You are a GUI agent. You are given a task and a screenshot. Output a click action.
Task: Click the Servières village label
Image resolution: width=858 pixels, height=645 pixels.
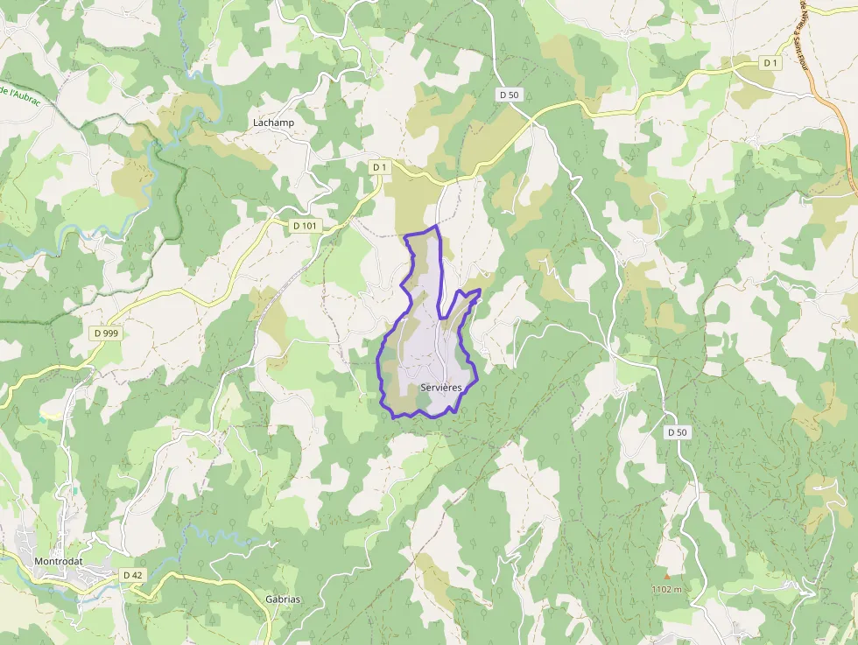[441, 387]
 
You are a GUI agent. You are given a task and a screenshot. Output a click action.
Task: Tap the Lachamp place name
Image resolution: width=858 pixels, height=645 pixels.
[273, 123]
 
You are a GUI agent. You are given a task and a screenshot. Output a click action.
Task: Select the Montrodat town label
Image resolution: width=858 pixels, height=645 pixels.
[57, 561]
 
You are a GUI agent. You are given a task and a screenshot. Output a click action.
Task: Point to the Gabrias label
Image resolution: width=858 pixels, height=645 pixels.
[282, 599]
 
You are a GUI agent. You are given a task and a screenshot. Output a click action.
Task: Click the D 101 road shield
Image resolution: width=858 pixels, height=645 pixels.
[305, 226]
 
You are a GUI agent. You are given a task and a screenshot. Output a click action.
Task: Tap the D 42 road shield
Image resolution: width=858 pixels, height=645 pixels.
[132, 574]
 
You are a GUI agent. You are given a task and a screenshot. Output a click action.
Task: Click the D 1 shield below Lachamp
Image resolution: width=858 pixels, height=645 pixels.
[378, 166]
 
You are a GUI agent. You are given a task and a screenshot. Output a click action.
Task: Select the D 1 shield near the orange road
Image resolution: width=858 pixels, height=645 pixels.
[770, 63]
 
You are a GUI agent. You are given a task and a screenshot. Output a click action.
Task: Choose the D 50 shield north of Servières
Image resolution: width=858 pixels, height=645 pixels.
[509, 95]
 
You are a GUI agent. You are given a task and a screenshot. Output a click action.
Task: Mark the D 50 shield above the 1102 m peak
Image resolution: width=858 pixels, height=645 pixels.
[677, 432]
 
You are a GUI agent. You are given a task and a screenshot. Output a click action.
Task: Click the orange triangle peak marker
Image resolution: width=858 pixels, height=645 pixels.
[667, 576]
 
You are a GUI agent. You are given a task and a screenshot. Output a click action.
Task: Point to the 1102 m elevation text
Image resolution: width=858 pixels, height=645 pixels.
[666, 589]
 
